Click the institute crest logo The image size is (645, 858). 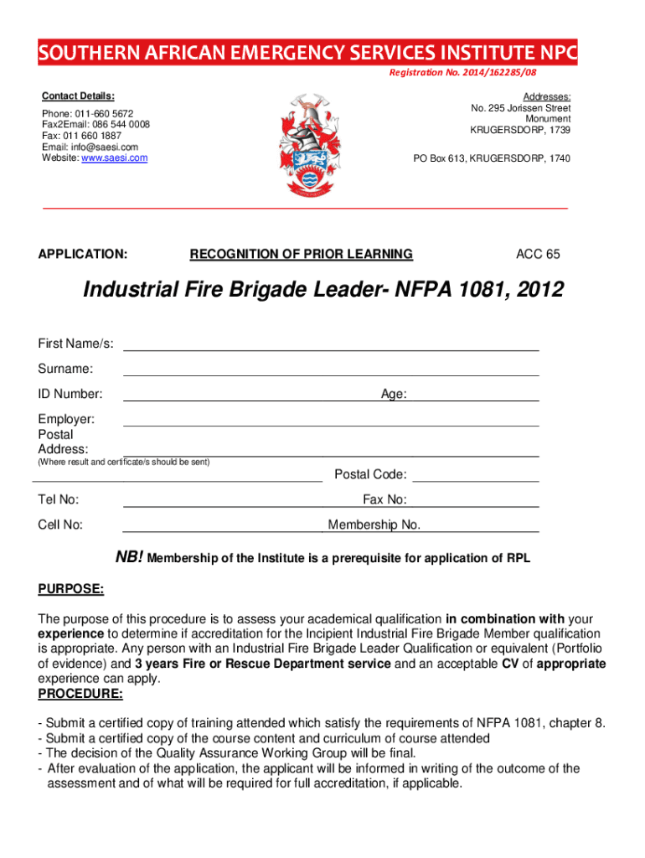click(x=322, y=142)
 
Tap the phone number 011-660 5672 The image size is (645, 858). click(x=104, y=113)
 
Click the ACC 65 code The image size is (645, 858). click(x=538, y=254)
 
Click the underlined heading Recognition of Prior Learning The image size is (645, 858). click(x=302, y=254)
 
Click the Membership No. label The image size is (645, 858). click(x=374, y=525)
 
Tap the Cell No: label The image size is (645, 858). click(x=60, y=525)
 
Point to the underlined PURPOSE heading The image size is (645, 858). click(x=71, y=589)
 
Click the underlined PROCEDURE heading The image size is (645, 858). click(x=80, y=695)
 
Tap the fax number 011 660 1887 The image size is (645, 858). click(x=93, y=136)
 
